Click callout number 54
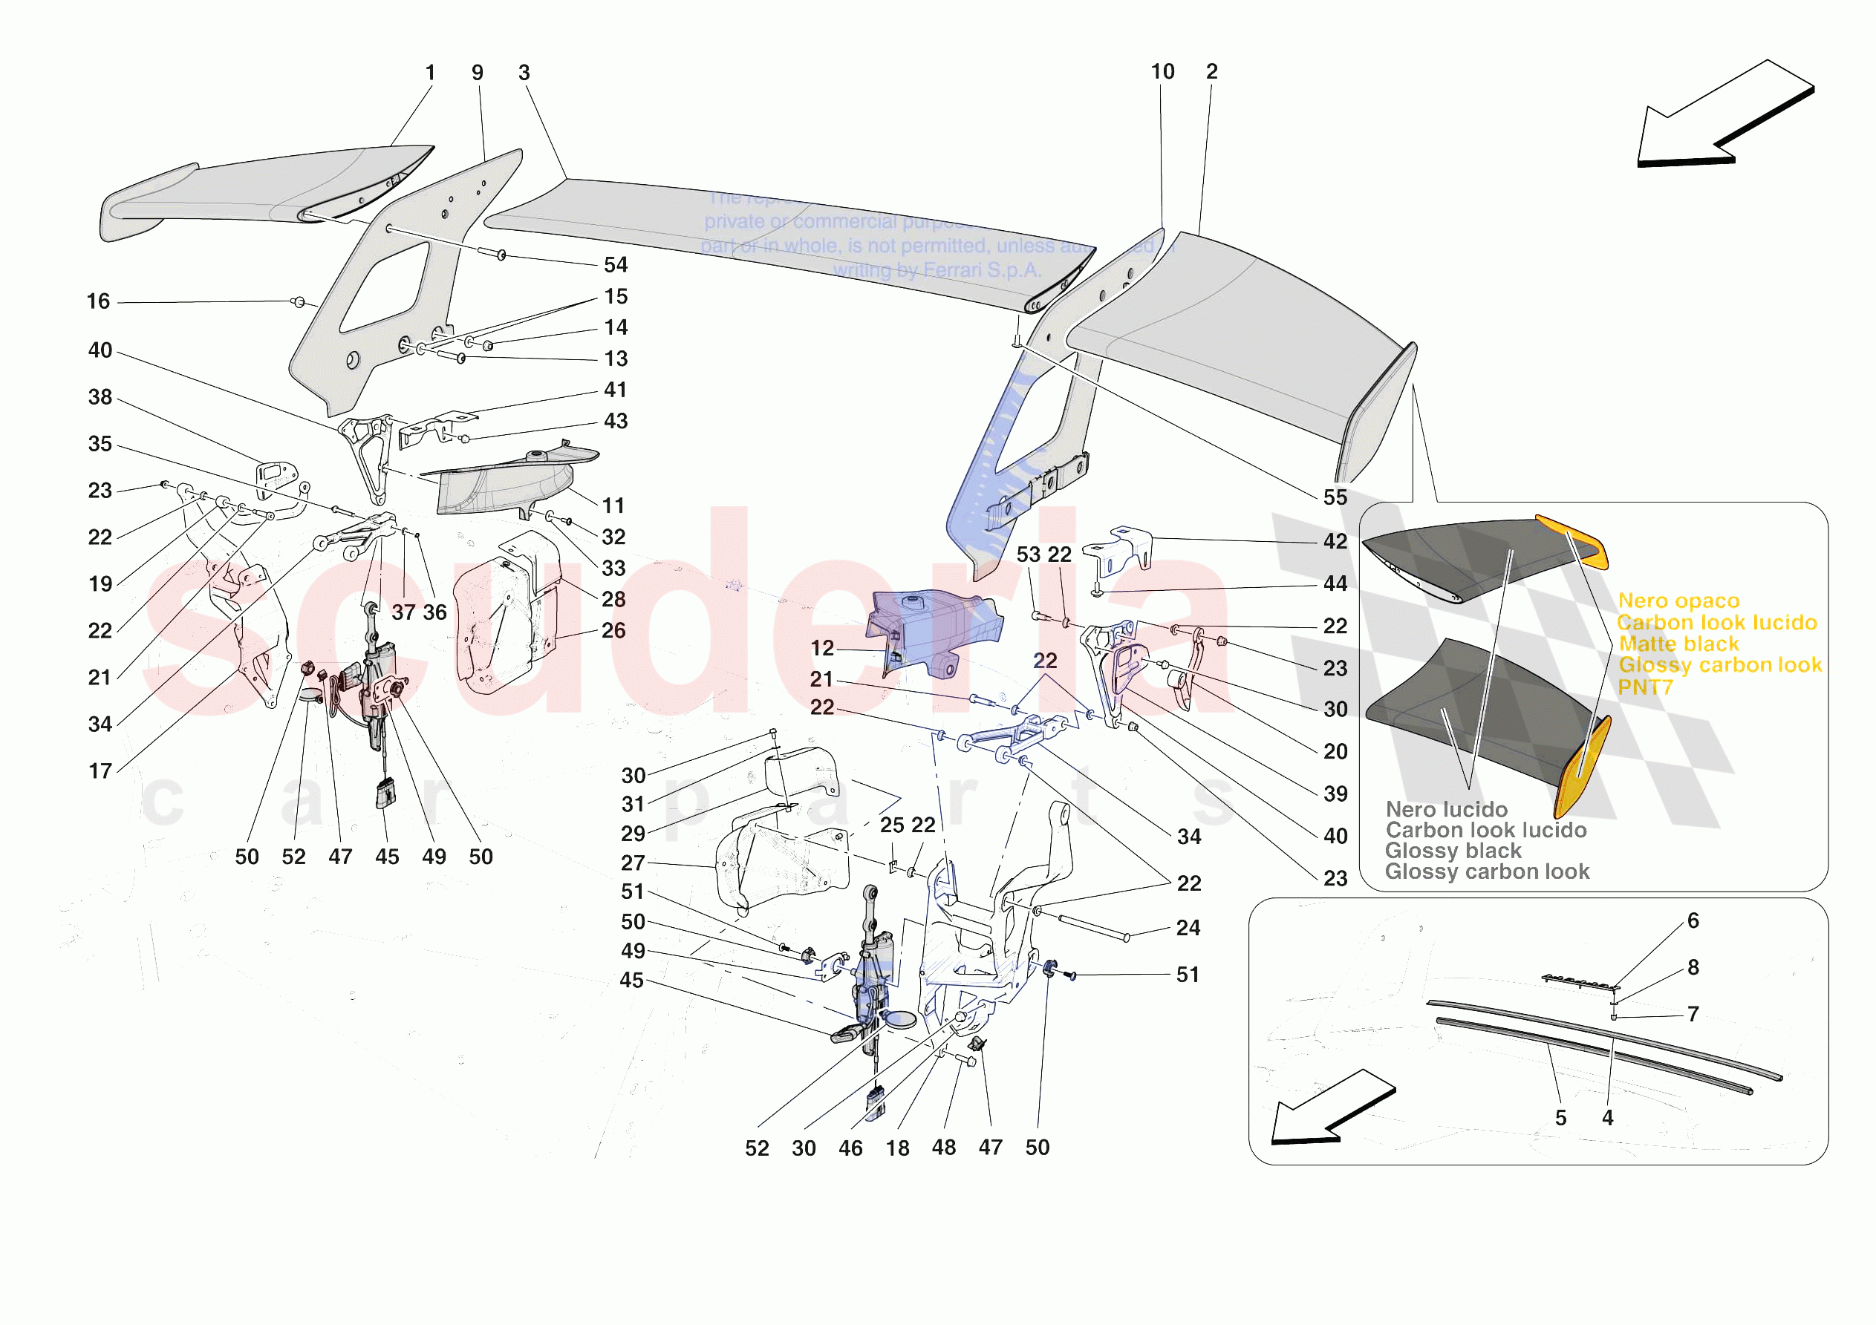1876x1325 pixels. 615,265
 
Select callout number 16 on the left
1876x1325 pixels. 98,301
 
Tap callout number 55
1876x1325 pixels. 1335,497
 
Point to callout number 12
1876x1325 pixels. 822,648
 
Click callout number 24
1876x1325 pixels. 1188,928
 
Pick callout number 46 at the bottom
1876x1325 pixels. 850,1148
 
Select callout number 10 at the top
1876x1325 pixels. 1162,72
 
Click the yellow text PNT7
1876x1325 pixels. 1645,688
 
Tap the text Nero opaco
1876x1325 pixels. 1678,601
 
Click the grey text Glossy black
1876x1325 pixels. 1453,851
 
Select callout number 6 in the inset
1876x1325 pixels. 1693,920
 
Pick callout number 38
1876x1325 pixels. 100,397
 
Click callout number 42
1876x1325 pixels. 1335,542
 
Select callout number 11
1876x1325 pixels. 613,506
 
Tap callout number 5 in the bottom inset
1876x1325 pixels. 1560,1117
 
